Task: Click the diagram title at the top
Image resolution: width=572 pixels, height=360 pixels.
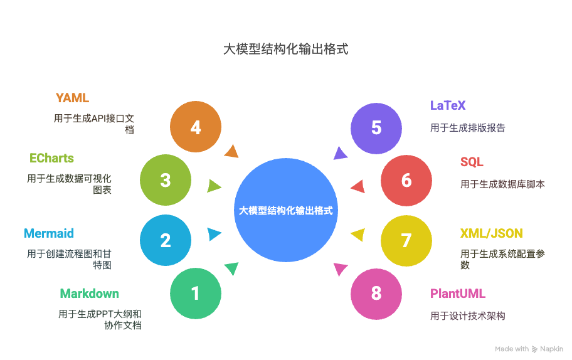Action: [285, 49]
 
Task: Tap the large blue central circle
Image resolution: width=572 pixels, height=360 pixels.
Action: [286, 210]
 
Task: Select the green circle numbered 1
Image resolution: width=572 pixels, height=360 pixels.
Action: [196, 294]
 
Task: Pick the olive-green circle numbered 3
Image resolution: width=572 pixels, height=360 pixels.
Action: [166, 181]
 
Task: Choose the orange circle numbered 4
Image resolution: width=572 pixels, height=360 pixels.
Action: [196, 128]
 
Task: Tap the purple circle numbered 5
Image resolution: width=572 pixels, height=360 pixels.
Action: [376, 128]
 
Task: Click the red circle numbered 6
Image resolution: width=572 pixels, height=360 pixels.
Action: [406, 181]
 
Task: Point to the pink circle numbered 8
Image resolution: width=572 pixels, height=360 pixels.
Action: [376, 294]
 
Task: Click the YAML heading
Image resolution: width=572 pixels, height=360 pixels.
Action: [72, 98]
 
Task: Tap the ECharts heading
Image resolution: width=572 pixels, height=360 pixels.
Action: [51, 158]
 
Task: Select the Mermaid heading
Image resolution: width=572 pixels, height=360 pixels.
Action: [49, 233]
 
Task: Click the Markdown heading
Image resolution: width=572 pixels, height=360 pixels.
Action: [89, 294]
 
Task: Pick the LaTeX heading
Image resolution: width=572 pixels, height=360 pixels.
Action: [448, 105]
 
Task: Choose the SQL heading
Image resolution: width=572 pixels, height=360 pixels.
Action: [472, 162]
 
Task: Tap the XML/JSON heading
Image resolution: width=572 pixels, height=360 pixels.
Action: [491, 233]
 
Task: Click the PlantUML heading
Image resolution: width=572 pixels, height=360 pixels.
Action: [458, 294]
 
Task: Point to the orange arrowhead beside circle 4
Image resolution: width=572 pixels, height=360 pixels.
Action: [232, 151]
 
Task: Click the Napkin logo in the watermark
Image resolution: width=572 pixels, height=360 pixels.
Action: [534, 349]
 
